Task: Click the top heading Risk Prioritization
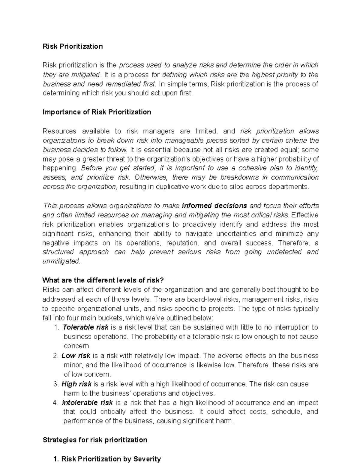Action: click(x=73, y=46)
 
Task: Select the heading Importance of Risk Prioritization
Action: click(x=97, y=112)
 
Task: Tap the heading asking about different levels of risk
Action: click(x=103, y=280)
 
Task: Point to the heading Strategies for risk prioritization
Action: click(x=95, y=440)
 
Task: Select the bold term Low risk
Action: click(x=76, y=356)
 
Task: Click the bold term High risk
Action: click(x=76, y=384)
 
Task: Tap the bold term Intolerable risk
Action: click(x=87, y=402)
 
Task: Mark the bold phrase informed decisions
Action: click(x=214, y=206)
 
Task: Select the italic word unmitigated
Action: click(x=61, y=261)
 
